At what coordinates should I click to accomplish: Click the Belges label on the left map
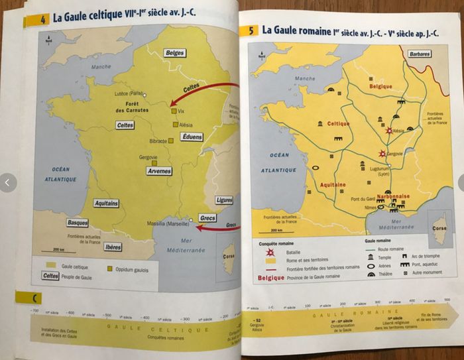[175, 53]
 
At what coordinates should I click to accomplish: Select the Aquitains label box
[106, 203]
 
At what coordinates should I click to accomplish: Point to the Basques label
[78, 223]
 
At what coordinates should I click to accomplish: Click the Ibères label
[113, 247]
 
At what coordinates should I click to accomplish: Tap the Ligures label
[224, 200]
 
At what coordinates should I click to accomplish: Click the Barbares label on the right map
[420, 54]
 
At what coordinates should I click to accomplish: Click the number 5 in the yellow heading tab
[252, 30]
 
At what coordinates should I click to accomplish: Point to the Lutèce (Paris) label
[129, 93]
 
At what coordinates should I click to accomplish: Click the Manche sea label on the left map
[101, 67]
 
